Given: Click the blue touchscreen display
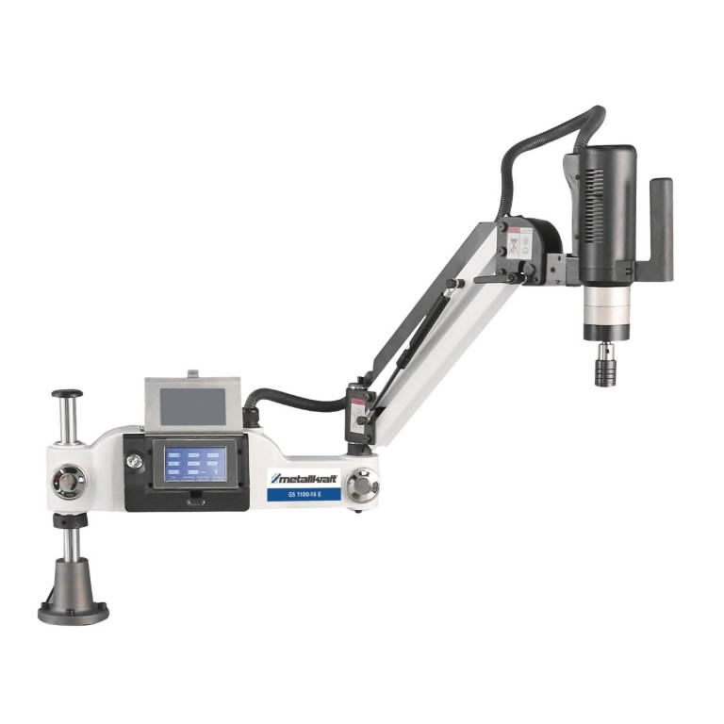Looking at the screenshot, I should pos(196,464).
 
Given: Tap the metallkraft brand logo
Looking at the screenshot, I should pos(304,476).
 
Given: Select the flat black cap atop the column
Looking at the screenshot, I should pos(66,394).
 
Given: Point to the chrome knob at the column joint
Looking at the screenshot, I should pos(69,482).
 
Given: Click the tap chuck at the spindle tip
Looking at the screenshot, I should pos(601,365).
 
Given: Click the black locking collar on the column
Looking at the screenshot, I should pos(71,521).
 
